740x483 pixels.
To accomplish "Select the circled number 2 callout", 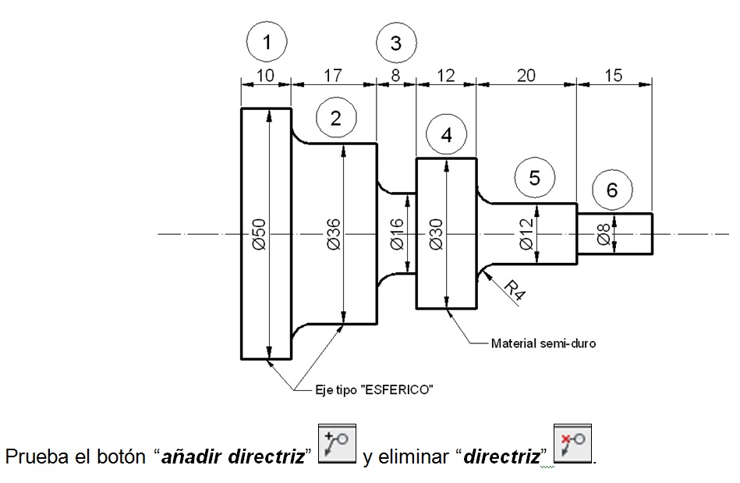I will click(x=336, y=118).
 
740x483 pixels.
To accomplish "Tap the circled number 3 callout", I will click(x=395, y=42).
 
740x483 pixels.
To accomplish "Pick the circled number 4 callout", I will click(x=446, y=134).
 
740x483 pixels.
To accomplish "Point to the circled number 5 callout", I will click(x=534, y=177).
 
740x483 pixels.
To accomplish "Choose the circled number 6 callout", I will click(x=611, y=190).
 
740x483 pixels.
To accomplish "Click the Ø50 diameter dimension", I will click(x=260, y=234).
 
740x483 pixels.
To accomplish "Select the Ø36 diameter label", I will click(x=333, y=234).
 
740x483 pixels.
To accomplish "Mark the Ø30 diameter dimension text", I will click(x=436, y=234).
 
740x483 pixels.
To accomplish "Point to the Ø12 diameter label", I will click(x=526, y=234).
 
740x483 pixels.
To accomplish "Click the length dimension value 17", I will click(x=333, y=76).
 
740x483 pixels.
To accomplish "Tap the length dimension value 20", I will click(x=526, y=76).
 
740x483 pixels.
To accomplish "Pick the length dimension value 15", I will click(x=614, y=76).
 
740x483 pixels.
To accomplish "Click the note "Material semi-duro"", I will click(x=543, y=343).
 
